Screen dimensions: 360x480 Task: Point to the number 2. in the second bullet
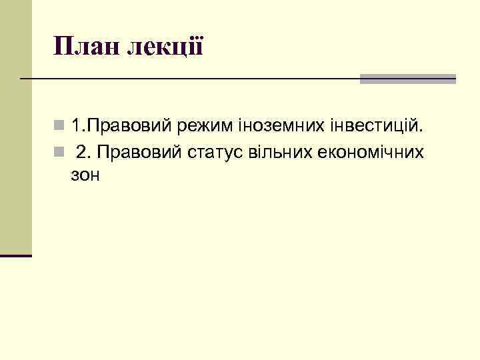(83, 153)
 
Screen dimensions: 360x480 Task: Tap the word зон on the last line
(83, 175)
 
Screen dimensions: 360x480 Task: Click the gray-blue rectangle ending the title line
(407, 79)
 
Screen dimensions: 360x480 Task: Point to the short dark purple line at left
(16, 255)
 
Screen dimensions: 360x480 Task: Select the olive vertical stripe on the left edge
(15, 127)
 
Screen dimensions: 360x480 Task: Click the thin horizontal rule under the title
(193, 79)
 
